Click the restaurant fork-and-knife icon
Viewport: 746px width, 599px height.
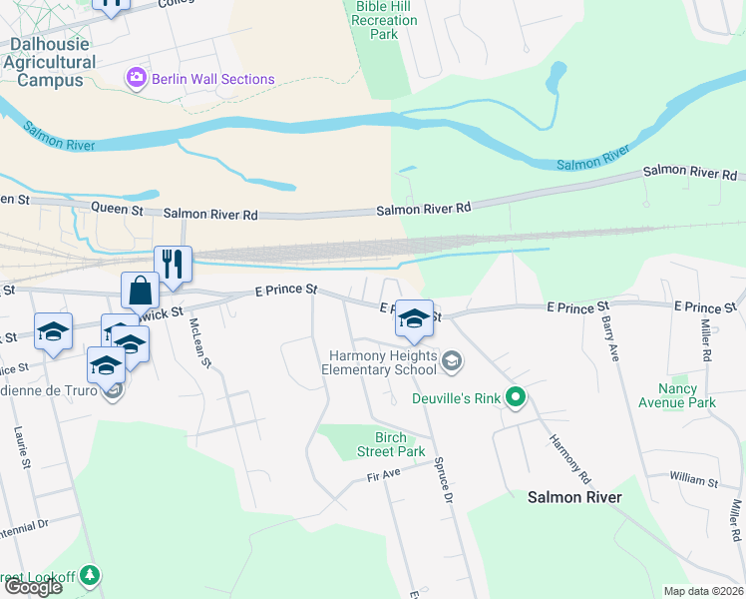click(174, 264)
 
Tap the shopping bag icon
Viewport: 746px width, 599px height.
click(141, 291)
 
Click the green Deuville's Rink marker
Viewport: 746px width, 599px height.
click(516, 398)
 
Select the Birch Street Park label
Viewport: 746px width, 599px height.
click(378, 445)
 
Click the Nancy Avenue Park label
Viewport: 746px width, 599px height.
click(687, 395)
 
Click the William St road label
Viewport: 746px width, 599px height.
click(694, 478)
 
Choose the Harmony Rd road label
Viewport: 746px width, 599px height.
click(564, 444)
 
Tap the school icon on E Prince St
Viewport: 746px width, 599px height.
click(415, 318)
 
